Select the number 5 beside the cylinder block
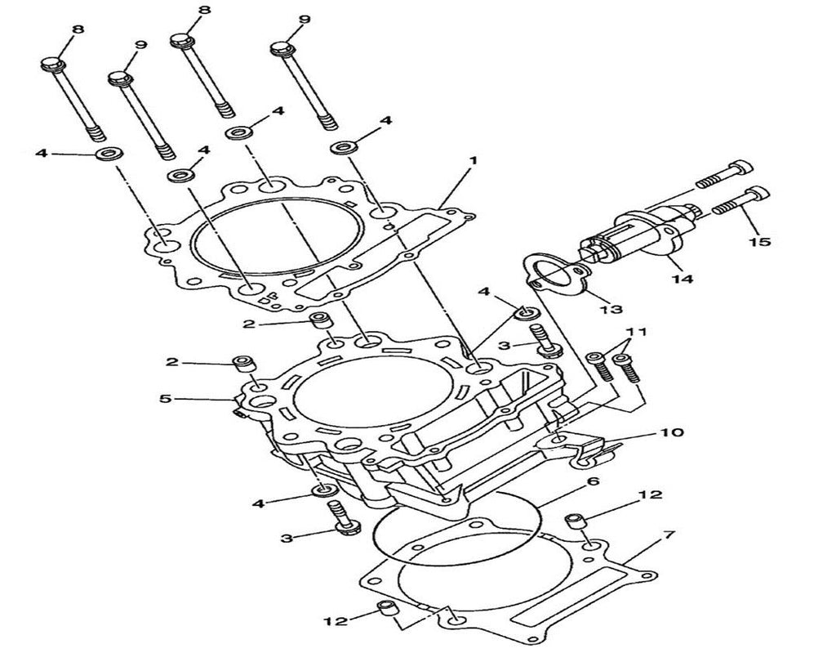[x=166, y=398]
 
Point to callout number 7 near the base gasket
[x=668, y=535]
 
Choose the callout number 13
[x=611, y=309]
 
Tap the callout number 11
[x=636, y=332]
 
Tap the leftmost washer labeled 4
[x=105, y=154]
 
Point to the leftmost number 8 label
[x=78, y=29]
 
